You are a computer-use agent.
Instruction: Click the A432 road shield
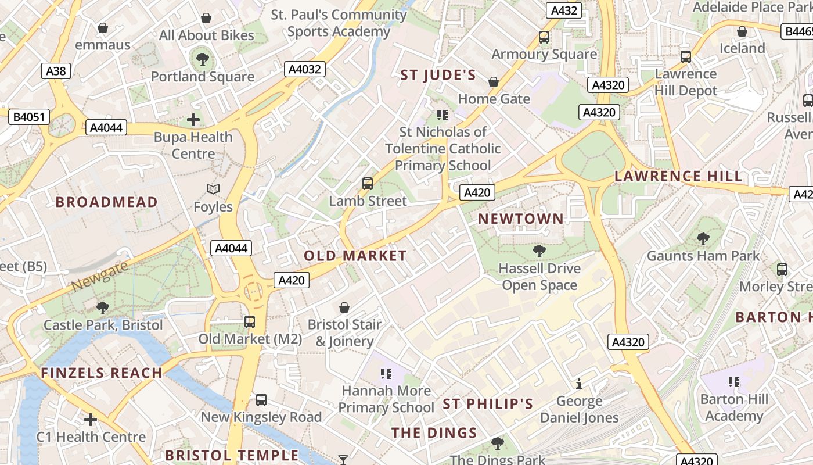click(564, 10)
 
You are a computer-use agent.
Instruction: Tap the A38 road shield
click(56, 71)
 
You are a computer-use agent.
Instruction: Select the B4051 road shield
click(29, 117)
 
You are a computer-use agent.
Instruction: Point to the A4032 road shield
click(305, 70)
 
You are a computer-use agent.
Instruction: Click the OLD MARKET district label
click(355, 256)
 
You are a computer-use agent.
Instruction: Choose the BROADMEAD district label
click(106, 202)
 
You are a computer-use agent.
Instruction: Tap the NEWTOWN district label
click(520, 219)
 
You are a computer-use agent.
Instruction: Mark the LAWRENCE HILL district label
click(678, 176)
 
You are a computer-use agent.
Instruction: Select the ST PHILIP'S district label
click(488, 404)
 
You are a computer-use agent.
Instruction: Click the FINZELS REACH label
click(102, 373)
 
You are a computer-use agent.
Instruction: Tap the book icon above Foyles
click(213, 189)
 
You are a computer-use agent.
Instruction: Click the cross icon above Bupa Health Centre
click(193, 120)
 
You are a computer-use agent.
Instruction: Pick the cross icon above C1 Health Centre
click(91, 420)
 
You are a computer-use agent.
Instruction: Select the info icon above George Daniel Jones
click(579, 384)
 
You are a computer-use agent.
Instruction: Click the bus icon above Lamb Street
click(368, 184)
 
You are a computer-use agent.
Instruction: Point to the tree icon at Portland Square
click(203, 59)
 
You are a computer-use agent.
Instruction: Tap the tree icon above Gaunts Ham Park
click(703, 238)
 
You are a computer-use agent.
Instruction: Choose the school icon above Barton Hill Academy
click(734, 382)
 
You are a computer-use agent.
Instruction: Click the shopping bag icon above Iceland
click(742, 31)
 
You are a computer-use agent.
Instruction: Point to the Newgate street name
click(99, 277)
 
